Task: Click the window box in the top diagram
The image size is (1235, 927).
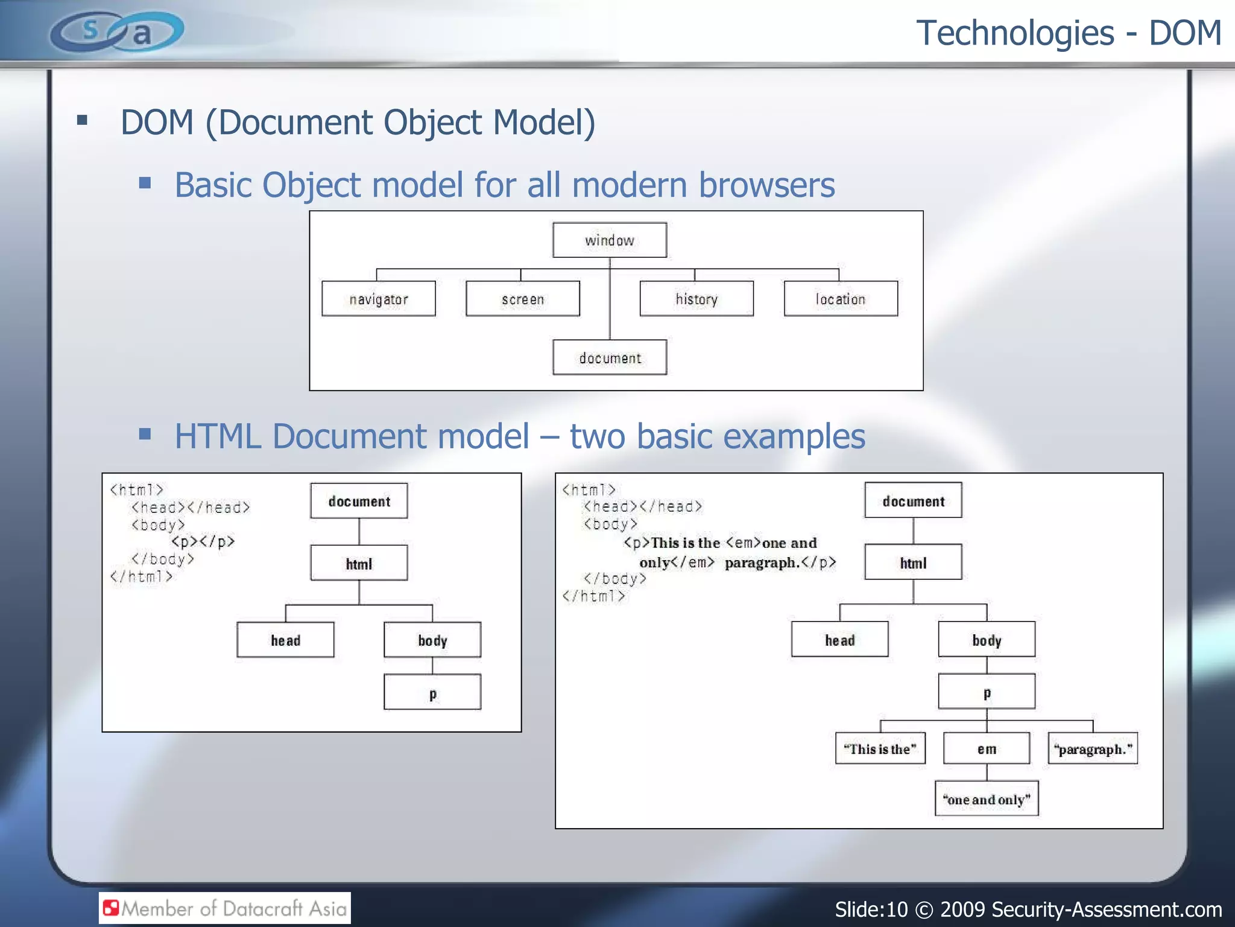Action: pyautogui.click(x=610, y=240)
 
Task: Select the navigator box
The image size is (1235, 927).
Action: pyautogui.click(x=379, y=299)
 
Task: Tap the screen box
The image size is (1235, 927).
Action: pyautogui.click(x=523, y=299)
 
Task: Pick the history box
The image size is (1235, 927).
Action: pyautogui.click(x=696, y=299)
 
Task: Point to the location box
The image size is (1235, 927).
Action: pyautogui.click(x=841, y=299)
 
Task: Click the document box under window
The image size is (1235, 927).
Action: pyautogui.click(x=610, y=357)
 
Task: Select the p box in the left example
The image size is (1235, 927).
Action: pyautogui.click(x=432, y=692)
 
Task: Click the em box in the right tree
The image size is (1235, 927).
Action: pyautogui.click(x=987, y=749)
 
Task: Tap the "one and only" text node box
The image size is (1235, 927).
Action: pyautogui.click(x=987, y=799)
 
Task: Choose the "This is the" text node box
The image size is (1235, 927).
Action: pyautogui.click(x=880, y=749)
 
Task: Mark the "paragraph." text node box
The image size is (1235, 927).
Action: pyautogui.click(x=1093, y=749)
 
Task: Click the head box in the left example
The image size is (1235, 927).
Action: pyautogui.click(x=285, y=640)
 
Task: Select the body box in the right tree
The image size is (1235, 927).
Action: pyautogui.click(x=987, y=640)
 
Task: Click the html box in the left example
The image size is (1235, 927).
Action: pyautogui.click(x=359, y=563)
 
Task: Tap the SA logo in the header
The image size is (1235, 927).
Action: pyautogui.click(x=117, y=31)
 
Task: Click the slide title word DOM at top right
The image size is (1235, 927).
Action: pyautogui.click(x=1185, y=33)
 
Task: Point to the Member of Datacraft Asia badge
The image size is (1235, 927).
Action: pyautogui.click(x=225, y=908)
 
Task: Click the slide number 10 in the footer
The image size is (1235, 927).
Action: pyautogui.click(x=896, y=909)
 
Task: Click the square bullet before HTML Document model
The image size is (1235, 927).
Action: pyautogui.click(x=145, y=435)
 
